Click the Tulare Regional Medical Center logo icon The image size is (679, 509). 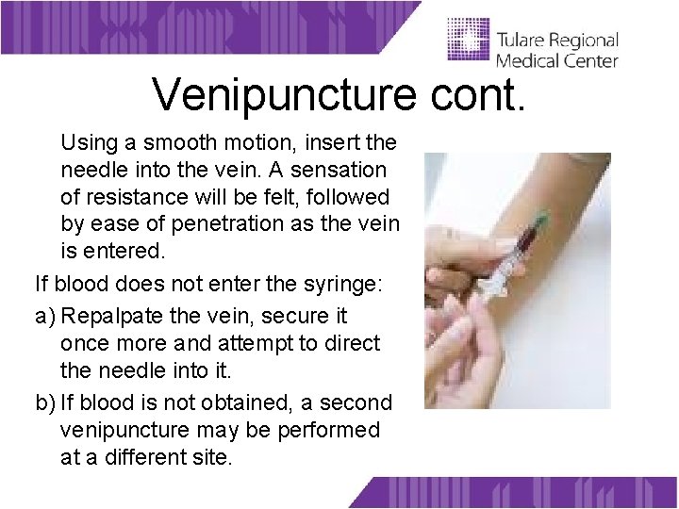pos(468,41)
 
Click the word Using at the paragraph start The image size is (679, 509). pos(90,143)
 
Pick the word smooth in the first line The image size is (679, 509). pos(184,143)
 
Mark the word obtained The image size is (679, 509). pos(240,403)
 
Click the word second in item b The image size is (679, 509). pos(356,403)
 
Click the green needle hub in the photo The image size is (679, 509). pos(539,223)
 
